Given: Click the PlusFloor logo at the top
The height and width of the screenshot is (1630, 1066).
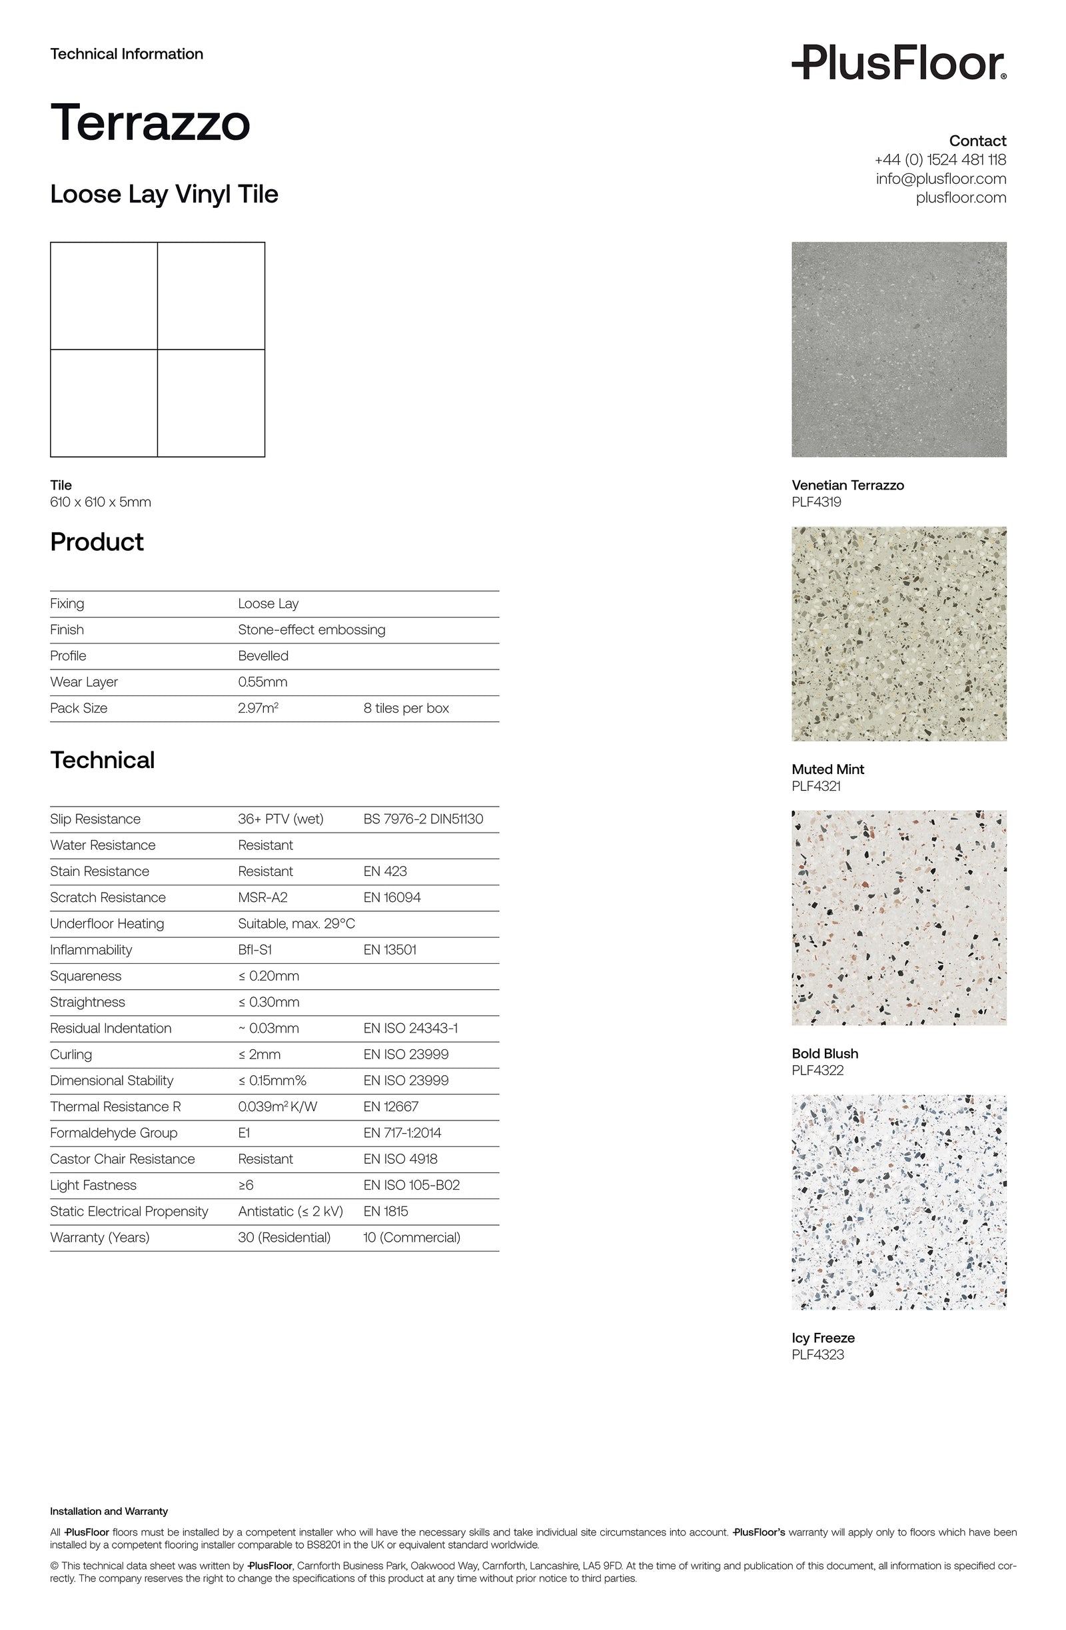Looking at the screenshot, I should pyautogui.click(x=898, y=63).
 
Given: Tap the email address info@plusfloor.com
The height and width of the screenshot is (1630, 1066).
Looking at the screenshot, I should pyautogui.click(x=940, y=179).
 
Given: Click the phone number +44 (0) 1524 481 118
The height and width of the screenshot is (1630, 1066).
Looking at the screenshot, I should pyautogui.click(x=940, y=160).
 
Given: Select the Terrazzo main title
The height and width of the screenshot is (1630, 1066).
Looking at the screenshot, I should pyautogui.click(x=150, y=123).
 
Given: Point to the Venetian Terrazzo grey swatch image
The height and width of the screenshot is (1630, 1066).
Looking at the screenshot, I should pyautogui.click(x=898, y=349).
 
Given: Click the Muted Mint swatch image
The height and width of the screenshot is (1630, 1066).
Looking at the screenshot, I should pyautogui.click(x=898, y=633).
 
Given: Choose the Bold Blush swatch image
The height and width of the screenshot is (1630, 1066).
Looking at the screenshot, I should pyautogui.click(x=898, y=918).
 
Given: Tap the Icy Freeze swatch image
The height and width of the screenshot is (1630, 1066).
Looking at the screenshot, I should pyautogui.click(x=898, y=1202).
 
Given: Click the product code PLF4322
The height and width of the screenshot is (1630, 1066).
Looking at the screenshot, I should pyautogui.click(x=817, y=1070).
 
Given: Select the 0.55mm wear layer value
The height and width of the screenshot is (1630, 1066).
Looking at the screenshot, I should pyautogui.click(x=263, y=682).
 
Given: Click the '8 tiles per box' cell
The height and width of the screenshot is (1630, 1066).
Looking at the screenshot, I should pyautogui.click(x=406, y=708).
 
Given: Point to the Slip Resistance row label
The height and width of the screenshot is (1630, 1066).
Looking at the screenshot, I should pyautogui.click(x=95, y=819).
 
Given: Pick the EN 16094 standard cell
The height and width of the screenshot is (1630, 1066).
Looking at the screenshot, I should pyautogui.click(x=392, y=897).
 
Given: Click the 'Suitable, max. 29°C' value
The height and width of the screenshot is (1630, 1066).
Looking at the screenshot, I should pyautogui.click(x=296, y=924).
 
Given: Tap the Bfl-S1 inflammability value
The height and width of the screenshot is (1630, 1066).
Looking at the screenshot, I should pyautogui.click(x=255, y=950).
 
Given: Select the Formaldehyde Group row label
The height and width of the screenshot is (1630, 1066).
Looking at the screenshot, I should pyautogui.click(x=114, y=1133).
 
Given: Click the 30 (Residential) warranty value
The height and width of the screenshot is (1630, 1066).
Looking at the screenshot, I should pyautogui.click(x=284, y=1238).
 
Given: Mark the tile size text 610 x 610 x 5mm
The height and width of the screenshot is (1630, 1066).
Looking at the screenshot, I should pyautogui.click(x=101, y=502).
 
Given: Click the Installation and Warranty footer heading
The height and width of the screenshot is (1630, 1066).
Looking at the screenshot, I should pyautogui.click(x=109, y=1511).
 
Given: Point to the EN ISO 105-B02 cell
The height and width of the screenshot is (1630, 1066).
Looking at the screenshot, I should pyautogui.click(x=411, y=1185).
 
